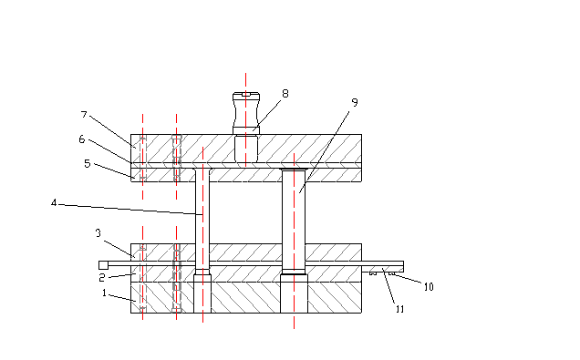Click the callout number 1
coord(104,293)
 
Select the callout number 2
coord(102,278)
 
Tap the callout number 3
coord(98,233)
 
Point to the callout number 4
coord(54,203)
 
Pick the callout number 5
coord(88,164)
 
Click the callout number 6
coord(82,139)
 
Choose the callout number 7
coord(84,115)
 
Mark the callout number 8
coord(285,94)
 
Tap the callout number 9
coord(355,102)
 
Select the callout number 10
coord(429,287)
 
